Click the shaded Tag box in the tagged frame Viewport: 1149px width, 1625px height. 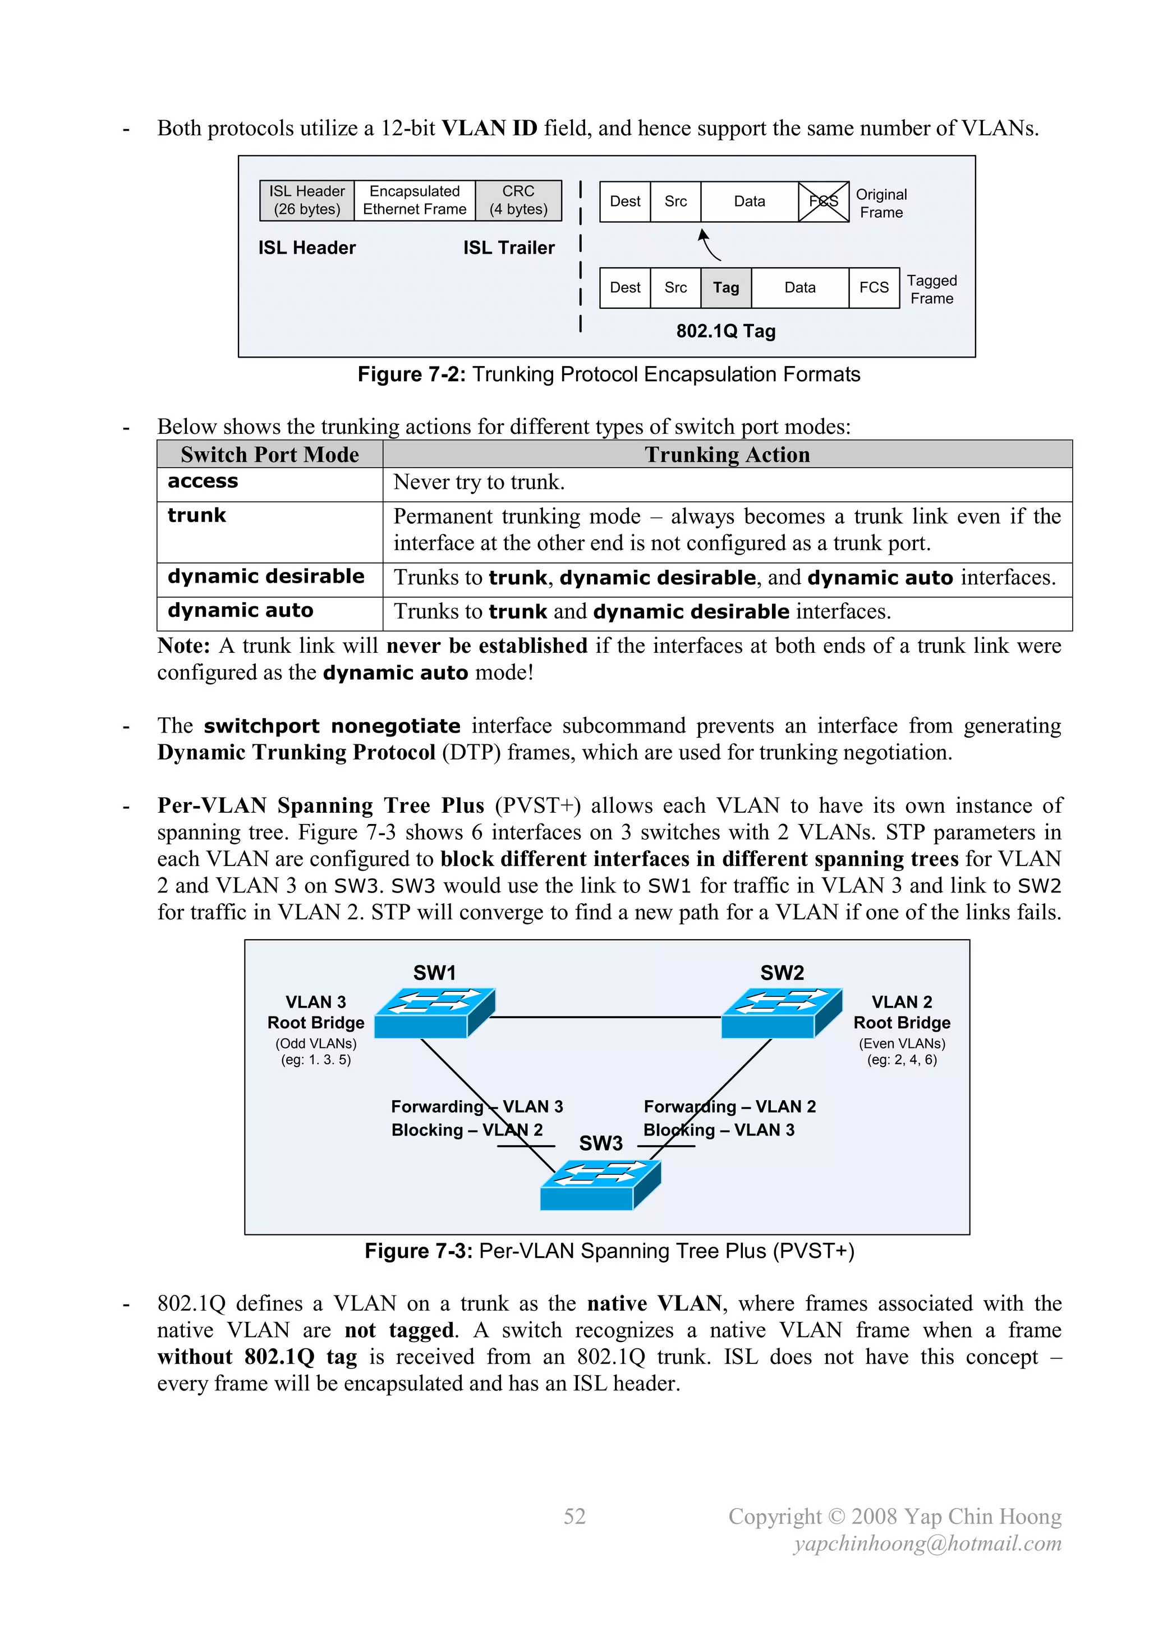point(726,287)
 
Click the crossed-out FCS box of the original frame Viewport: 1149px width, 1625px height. point(824,202)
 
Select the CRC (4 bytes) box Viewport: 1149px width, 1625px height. point(518,200)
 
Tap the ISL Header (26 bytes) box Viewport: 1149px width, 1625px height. point(307,200)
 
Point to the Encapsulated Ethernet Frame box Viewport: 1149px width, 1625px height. point(415,200)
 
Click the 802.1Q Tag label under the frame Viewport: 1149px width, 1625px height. point(726,331)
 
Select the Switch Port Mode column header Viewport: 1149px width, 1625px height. point(269,454)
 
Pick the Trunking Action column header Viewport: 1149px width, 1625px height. point(727,454)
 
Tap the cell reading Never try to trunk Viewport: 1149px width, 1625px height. point(479,483)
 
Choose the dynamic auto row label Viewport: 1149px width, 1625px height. point(241,611)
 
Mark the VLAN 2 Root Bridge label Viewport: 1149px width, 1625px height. point(902,1012)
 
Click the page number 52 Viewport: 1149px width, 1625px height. point(574,1516)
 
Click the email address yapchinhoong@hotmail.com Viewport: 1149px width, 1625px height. point(927,1543)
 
